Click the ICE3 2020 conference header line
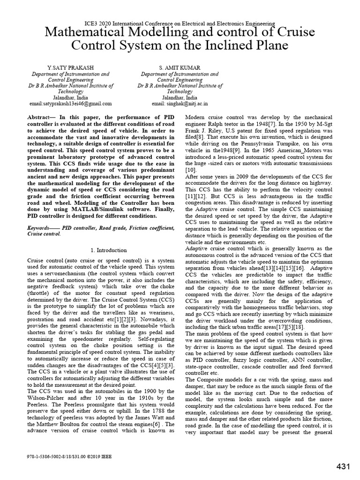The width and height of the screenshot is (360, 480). (x=180, y=22)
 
